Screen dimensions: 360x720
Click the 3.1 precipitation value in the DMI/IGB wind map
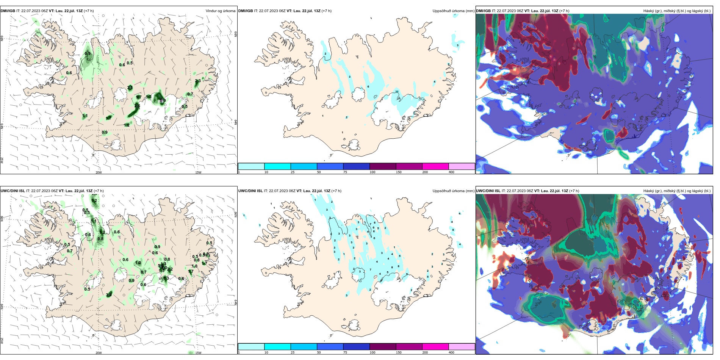(130, 88)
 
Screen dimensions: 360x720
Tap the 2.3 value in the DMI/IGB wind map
(198, 81)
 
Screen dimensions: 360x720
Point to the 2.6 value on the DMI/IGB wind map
(137, 106)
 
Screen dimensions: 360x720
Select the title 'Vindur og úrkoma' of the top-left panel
(221, 11)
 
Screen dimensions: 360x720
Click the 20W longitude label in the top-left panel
(99, 172)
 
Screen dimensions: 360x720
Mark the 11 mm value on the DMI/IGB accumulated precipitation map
(397, 92)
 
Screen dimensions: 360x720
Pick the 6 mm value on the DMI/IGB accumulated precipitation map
(368, 87)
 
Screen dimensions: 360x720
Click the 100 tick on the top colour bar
(373, 172)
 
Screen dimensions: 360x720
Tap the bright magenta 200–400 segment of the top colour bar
(435, 166)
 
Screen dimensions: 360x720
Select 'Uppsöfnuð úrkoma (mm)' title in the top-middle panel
(453, 11)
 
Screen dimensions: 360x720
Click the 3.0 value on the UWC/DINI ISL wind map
(109, 295)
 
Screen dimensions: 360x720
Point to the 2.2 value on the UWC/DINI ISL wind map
(170, 269)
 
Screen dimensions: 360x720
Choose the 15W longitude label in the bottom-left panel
(198, 353)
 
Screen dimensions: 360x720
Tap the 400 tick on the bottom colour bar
(451, 352)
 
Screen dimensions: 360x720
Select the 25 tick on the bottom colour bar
(293, 352)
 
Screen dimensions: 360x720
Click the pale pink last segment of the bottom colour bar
(462, 347)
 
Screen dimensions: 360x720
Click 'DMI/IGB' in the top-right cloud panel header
(483, 11)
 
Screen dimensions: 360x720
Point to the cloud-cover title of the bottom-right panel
(677, 191)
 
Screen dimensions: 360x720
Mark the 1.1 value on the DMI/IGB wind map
(85, 116)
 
